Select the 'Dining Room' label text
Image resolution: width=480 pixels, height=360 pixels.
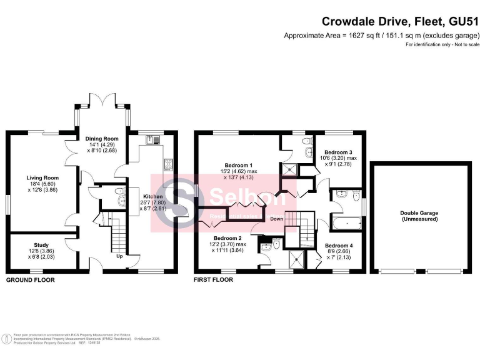[x=102, y=139]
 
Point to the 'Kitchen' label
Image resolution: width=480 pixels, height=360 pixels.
[x=152, y=196]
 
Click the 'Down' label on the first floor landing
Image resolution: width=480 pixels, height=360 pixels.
[x=277, y=219]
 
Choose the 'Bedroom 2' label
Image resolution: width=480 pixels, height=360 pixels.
[x=227, y=238]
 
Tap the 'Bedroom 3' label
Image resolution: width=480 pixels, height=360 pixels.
[x=337, y=152]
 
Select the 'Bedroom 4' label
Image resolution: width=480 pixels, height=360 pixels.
[x=337, y=246]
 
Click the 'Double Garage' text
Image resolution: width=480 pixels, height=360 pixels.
[x=419, y=213]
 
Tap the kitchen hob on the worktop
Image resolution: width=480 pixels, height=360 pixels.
[x=167, y=164]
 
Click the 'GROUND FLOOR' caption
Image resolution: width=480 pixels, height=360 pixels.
[x=30, y=281]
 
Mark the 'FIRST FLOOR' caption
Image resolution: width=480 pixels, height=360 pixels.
[x=214, y=281]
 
